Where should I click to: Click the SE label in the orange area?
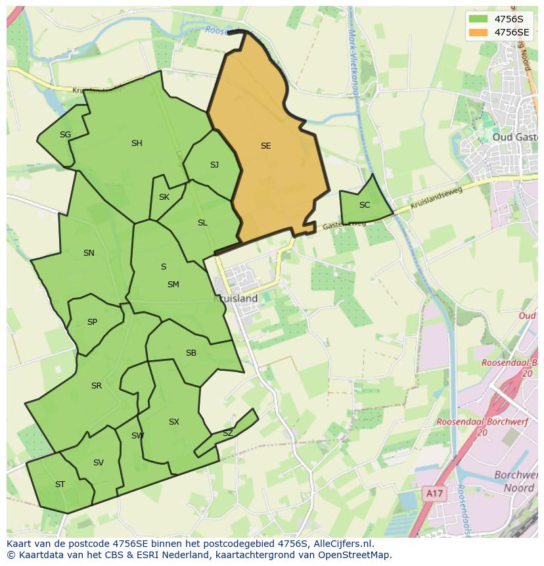[x=265, y=146]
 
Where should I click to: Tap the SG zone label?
[x=65, y=135]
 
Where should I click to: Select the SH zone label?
[x=137, y=143]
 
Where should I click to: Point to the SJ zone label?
[x=214, y=165]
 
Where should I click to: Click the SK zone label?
[x=164, y=197]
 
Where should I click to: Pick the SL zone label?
[x=202, y=223]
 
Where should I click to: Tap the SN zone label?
[x=89, y=253]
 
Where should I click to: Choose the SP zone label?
[x=92, y=322]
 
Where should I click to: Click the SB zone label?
[x=191, y=353]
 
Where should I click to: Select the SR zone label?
[x=97, y=386]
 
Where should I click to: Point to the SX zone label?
[x=173, y=422]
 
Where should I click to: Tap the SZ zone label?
[x=227, y=433]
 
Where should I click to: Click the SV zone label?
[x=99, y=463]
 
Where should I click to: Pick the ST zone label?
[x=60, y=484]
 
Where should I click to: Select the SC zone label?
[x=365, y=205]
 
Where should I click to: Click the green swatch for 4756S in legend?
[x=479, y=18]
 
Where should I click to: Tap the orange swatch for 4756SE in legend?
[x=479, y=32]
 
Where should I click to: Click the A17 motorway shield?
[x=432, y=492]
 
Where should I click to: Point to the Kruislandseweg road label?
[x=436, y=199]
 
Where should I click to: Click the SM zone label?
[x=173, y=285]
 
